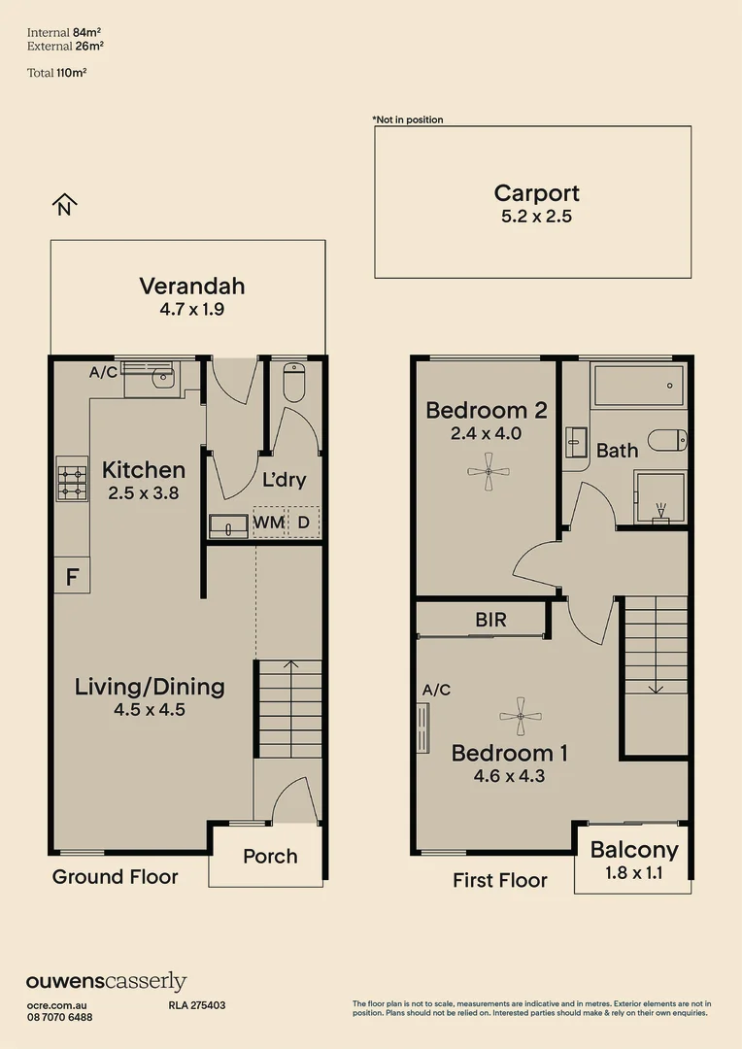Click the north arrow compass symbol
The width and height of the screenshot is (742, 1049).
click(x=64, y=205)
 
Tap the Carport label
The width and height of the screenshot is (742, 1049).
click(x=537, y=193)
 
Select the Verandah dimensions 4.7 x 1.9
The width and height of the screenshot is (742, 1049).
click(x=192, y=309)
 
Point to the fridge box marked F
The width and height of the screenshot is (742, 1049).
click(x=72, y=575)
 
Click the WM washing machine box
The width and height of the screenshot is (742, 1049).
click(x=269, y=522)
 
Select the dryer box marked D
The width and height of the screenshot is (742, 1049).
click(x=304, y=522)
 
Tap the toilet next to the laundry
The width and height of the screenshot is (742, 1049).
click(x=294, y=382)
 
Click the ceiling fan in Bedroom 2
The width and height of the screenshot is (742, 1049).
click(x=489, y=472)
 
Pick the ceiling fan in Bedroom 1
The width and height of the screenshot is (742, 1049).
click(x=521, y=717)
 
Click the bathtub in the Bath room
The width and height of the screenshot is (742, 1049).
click(x=639, y=385)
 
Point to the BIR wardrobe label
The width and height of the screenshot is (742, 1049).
click(x=491, y=620)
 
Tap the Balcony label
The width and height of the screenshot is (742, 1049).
click(x=634, y=850)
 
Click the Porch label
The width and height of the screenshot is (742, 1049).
click(x=270, y=857)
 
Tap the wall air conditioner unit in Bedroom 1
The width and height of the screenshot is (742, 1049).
click(x=422, y=728)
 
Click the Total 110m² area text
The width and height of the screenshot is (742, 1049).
click(x=57, y=73)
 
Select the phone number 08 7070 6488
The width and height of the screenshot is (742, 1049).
click(x=60, y=1017)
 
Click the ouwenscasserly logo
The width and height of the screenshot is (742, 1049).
click(x=107, y=982)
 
